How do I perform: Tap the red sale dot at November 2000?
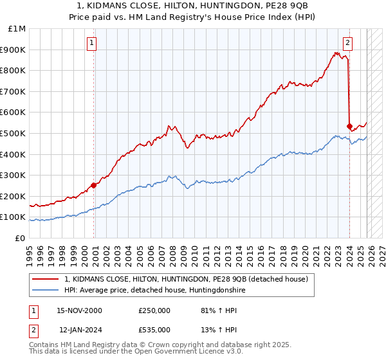coord(94,185)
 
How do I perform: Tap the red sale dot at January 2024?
coord(349,126)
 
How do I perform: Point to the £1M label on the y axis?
coord(17,29)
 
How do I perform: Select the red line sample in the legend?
coord(46,279)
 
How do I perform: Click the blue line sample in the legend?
coord(46,291)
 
